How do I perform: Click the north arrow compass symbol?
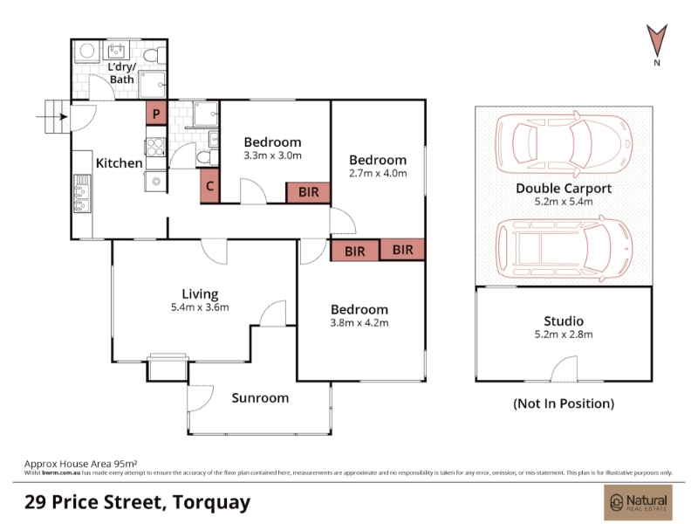657,41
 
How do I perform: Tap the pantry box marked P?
156,114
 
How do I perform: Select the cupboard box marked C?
210,186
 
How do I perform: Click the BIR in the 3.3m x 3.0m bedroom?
308,192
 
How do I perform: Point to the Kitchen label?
120,163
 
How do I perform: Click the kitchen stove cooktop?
155,148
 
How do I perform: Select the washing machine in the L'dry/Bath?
87,52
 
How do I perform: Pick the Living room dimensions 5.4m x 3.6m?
200,307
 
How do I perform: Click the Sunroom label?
260,398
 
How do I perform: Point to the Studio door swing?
565,369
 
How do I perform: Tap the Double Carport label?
564,188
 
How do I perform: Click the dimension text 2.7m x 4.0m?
378,173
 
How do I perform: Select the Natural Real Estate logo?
638,502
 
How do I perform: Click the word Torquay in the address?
211,503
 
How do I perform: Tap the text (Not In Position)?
564,403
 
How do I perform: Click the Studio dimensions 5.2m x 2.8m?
564,334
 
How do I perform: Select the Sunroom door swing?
201,398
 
